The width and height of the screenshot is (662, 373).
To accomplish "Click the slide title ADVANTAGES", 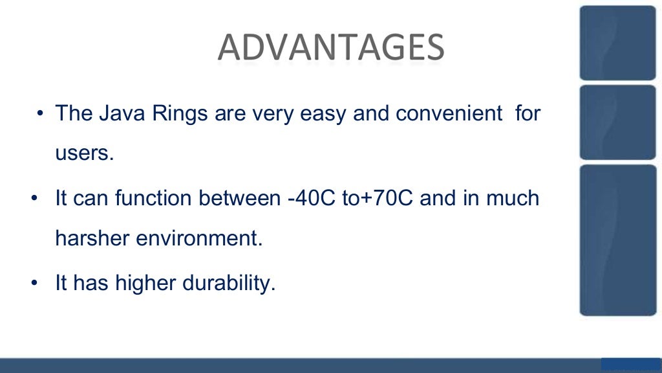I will tap(330, 47).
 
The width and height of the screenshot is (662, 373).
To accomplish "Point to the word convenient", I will tap(449, 114).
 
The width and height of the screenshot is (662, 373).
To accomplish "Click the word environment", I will tap(198, 238).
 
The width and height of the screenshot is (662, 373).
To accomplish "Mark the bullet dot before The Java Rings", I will tap(40, 115).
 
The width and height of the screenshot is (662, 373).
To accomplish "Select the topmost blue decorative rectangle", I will tap(617, 43).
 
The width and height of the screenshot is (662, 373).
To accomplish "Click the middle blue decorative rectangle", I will tap(617, 122).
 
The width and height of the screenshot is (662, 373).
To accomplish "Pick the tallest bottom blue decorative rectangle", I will tap(617, 240).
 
